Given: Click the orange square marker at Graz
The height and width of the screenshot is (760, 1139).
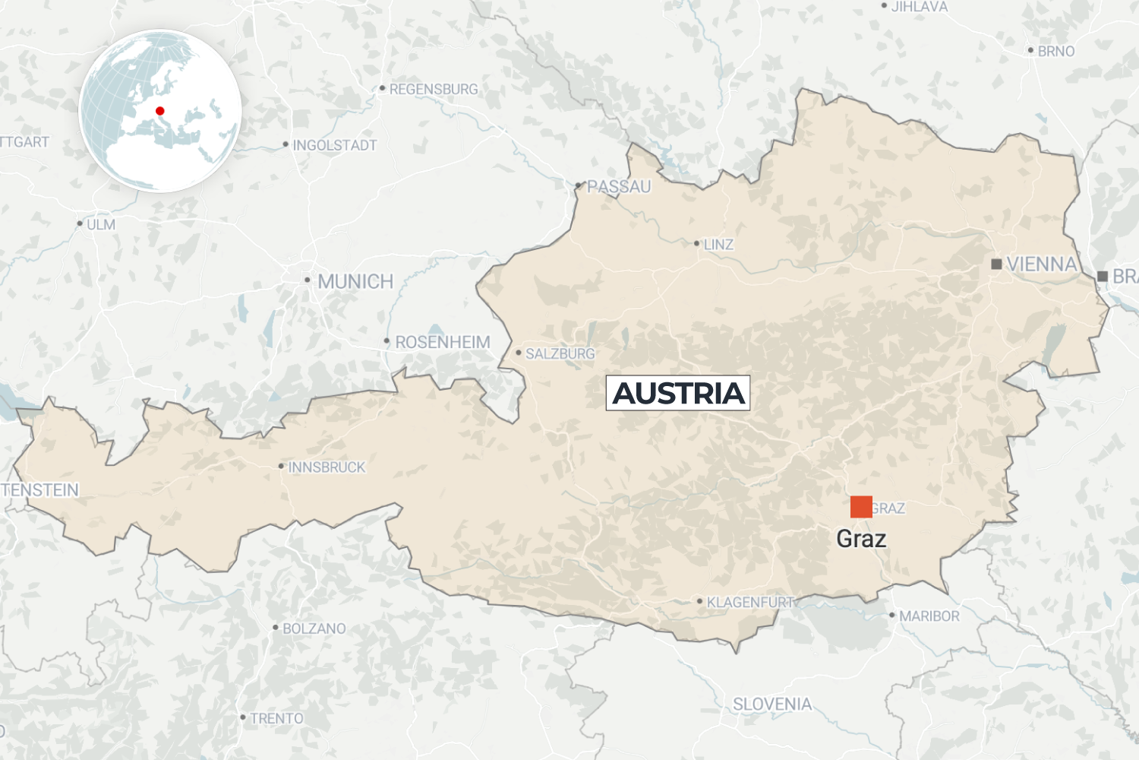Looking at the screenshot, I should pyautogui.click(x=861, y=507).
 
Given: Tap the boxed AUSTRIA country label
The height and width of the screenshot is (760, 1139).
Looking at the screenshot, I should pyautogui.click(x=678, y=393).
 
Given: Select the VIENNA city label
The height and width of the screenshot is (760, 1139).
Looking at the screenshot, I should pyautogui.click(x=1041, y=264).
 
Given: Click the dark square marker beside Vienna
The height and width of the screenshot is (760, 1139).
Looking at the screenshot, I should pyautogui.click(x=996, y=264).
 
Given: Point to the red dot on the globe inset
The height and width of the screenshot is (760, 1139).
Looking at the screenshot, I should pyautogui.click(x=160, y=111).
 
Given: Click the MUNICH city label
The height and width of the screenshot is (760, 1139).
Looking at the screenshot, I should pyautogui.click(x=355, y=282).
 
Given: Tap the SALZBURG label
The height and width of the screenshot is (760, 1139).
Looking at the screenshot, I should pyautogui.click(x=560, y=354).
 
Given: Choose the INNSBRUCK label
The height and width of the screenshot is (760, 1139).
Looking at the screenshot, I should pyautogui.click(x=327, y=467).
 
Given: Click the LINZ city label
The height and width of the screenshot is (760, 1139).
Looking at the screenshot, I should pyautogui.click(x=718, y=245).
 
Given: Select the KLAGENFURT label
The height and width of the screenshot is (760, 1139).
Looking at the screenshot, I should pyautogui.click(x=750, y=603).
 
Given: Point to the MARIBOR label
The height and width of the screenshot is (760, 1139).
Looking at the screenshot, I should pyautogui.click(x=929, y=616).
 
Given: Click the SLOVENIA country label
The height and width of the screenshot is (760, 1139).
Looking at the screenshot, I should pyautogui.click(x=772, y=705).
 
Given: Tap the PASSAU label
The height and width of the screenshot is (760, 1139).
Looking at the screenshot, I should pyautogui.click(x=619, y=187).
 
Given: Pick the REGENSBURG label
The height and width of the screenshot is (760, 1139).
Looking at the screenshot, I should pyautogui.click(x=434, y=90).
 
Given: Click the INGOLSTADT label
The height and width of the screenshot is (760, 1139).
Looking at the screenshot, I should pyautogui.click(x=335, y=145).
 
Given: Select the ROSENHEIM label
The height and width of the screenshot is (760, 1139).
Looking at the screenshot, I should pyautogui.click(x=443, y=343).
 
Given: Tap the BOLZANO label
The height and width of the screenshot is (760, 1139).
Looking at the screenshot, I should pyautogui.click(x=314, y=629).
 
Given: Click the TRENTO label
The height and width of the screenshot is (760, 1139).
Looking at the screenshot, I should pyautogui.click(x=276, y=718).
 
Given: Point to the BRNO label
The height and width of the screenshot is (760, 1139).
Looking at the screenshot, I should pyautogui.click(x=1056, y=52).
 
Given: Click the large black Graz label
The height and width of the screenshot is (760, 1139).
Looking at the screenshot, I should pyautogui.click(x=861, y=539).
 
